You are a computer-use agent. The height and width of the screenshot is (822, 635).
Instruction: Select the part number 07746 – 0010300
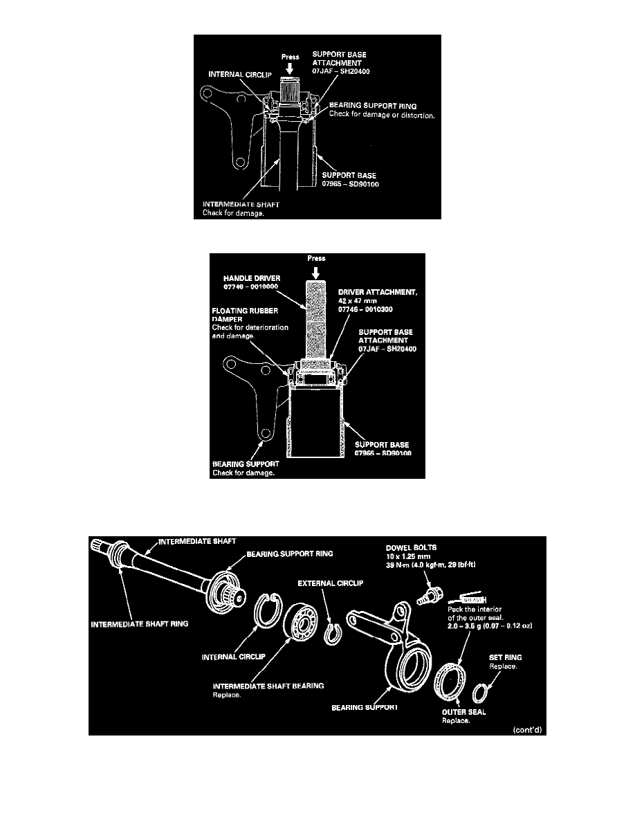373,309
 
